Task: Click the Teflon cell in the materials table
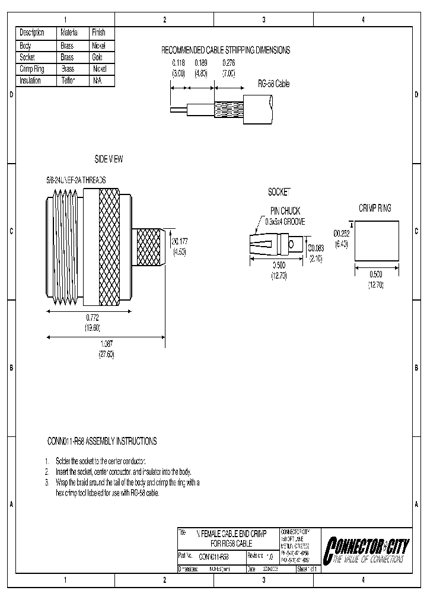coord(68,80)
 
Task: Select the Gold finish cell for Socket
coord(98,58)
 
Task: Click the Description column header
coord(32,33)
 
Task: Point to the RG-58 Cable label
coord(273,84)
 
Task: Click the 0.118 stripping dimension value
coord(179,62)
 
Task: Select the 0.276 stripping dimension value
coord(228,62)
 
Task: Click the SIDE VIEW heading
coord(109,159)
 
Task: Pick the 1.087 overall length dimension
coord(106,345)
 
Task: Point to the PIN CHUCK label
coord(285,210)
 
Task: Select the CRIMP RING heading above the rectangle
coord(375,208)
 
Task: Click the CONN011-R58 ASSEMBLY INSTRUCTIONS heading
coord(102,441)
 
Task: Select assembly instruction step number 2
coord(47,472)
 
